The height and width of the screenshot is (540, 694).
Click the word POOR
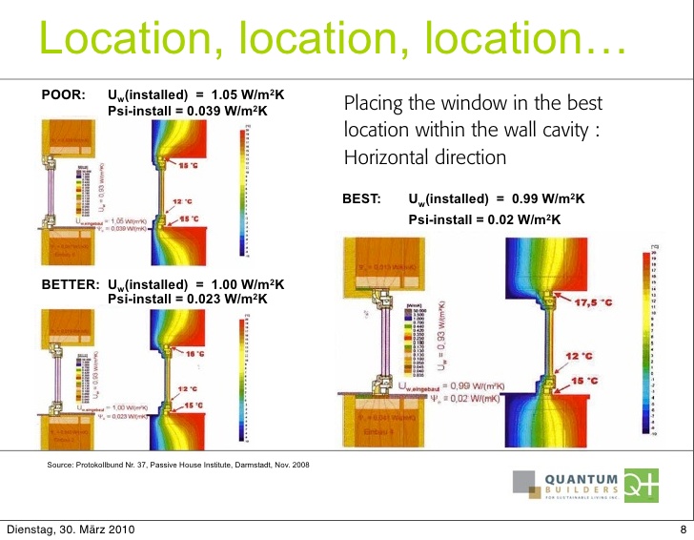64,95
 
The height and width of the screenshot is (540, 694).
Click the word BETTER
71,284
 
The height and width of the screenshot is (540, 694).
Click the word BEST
361,199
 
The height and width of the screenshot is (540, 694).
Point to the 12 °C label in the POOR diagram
184,201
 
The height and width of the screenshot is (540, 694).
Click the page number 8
683,530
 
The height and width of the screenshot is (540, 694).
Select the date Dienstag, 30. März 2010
71,530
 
